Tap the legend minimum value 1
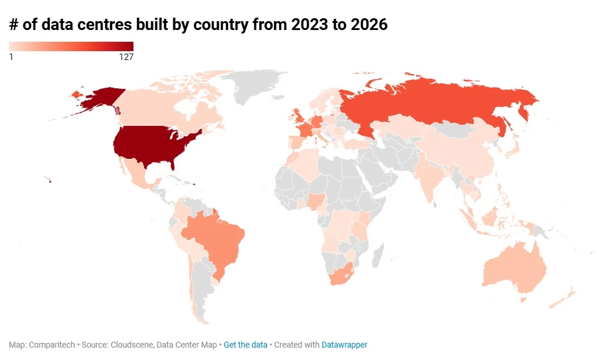click(x=11, y=57)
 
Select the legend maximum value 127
click(x=126, y=57)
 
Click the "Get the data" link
click(x=245, y=345)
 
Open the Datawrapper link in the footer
click(x=345, y=345)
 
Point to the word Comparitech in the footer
click(x=52, y=345)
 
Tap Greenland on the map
click(x=253, y=85)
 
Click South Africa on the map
click(x=342, y=274)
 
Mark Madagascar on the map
click(x=377, y=255)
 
